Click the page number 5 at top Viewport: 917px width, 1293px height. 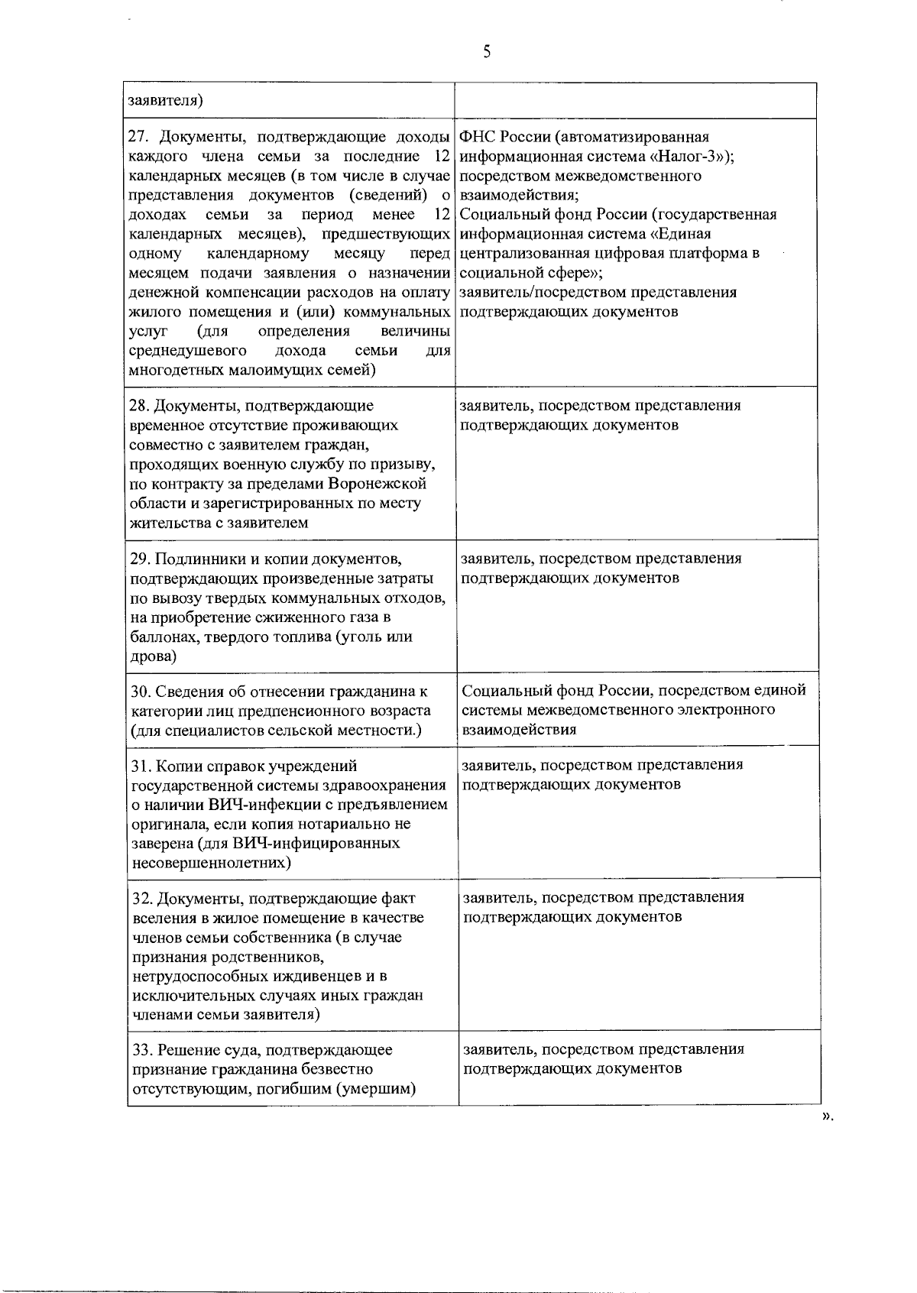tap(487, 52)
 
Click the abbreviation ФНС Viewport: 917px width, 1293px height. tap(478, 137)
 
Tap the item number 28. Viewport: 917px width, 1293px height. tap(138, 405)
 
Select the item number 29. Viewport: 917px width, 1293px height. tap(139, 558)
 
